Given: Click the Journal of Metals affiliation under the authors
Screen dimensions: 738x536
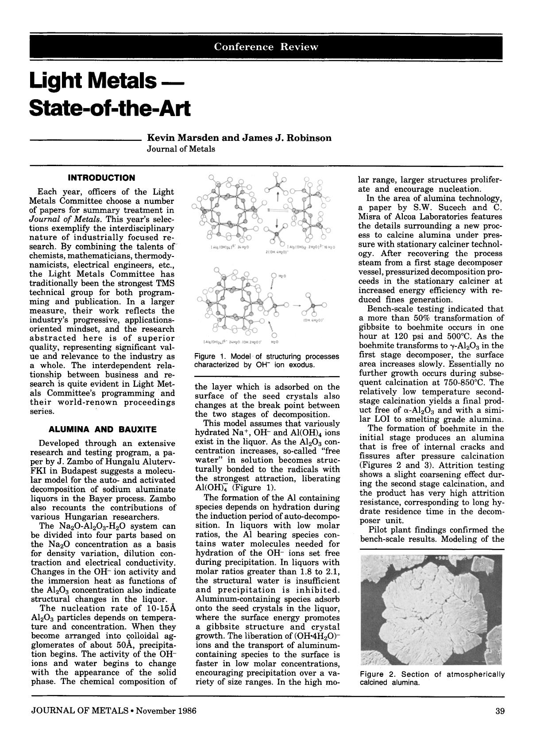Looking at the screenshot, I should coord(181,149).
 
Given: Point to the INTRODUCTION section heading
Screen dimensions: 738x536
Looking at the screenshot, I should coord(101,178).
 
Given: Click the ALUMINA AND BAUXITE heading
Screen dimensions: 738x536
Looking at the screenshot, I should coord(102,429).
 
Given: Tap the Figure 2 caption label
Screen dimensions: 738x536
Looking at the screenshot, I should coord(376,674).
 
